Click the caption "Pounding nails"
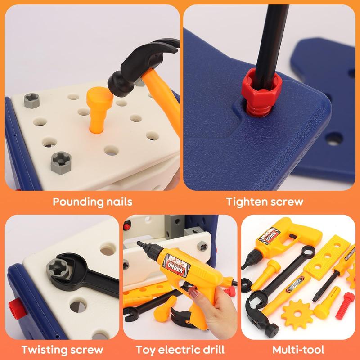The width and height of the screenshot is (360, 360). (x=93, y=201)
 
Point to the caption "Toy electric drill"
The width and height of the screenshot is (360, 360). (x=181, y=349)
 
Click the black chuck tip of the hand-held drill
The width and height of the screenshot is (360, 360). (x=143, y=246)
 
